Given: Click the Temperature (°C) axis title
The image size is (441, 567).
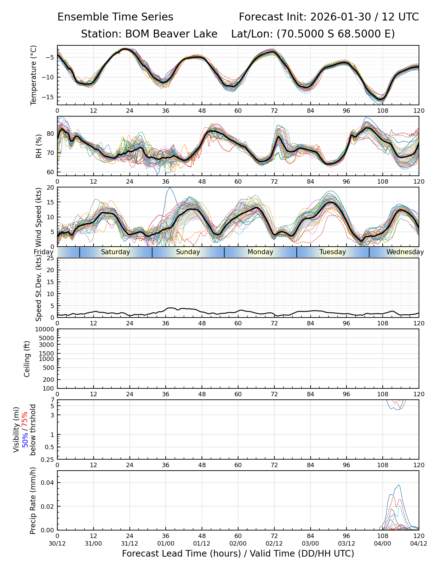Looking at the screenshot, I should (x=34, y=75).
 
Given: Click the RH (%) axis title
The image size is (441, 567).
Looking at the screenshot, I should (x=39, y=146).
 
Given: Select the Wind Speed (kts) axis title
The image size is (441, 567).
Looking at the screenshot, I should (x=39, y=217).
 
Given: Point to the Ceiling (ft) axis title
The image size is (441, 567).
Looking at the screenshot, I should (x=27, y=359).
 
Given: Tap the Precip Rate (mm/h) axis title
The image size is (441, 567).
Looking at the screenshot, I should (x=33, y=501).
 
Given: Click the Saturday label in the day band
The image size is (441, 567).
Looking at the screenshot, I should (x=116, y=252).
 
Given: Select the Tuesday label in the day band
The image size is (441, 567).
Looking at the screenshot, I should (x=333, y=252).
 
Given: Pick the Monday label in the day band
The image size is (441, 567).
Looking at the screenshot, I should (x=260, y=252).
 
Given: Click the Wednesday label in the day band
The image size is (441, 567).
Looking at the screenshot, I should (x=405, y=252).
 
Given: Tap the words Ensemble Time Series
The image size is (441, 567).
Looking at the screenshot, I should (x=115, y=17).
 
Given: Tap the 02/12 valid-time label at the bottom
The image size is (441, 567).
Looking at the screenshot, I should (x=274, y=544).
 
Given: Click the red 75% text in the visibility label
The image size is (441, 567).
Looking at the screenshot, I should (x=25, y=419).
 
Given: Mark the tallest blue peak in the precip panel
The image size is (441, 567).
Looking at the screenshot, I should (x=399, y=485).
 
